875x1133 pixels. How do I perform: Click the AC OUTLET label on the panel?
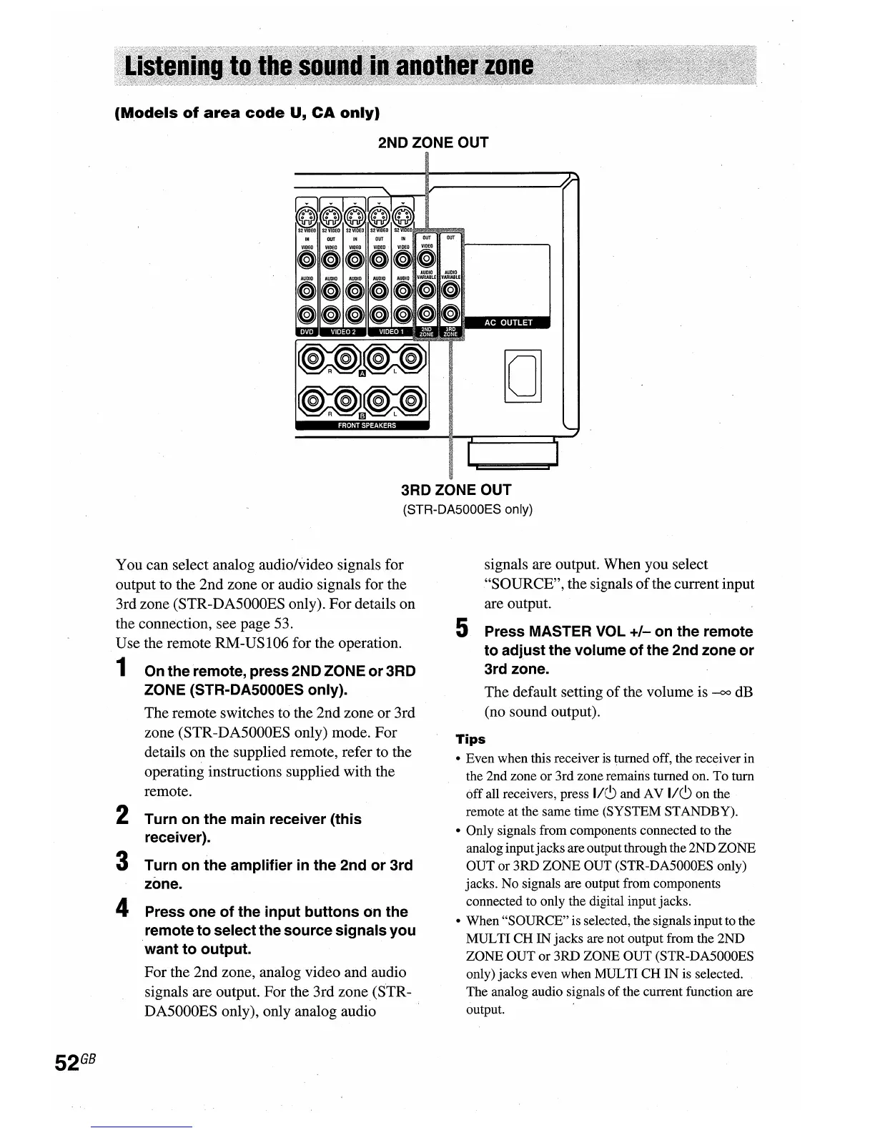(508, 323)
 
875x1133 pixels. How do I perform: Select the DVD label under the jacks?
(306, 331)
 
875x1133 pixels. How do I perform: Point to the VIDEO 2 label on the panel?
(343, 331)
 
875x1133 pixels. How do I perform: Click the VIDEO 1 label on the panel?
(391, 331)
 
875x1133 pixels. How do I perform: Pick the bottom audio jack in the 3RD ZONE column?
(450, 313)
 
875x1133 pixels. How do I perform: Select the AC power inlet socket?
(523, 376)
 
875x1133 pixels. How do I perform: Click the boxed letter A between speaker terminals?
(362, 373)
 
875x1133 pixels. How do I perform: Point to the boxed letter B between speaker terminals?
(362, 415)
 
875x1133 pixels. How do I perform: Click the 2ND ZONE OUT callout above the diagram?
(432, 142)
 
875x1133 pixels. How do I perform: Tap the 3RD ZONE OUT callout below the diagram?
(455, 490)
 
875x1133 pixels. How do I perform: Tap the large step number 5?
(463, 629)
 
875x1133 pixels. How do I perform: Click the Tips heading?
(470, 739)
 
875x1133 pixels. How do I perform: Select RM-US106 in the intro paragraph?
(252, 642)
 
